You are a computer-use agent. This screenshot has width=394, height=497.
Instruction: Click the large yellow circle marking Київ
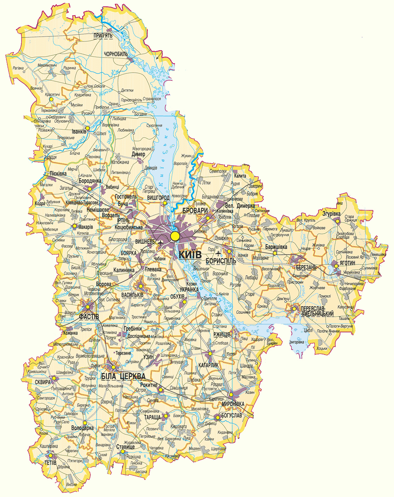175,236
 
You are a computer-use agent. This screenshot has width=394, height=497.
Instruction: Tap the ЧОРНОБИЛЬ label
116,54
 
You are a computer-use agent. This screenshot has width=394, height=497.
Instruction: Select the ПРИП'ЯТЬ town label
103,36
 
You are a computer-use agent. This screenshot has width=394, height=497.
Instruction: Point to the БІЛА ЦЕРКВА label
123,377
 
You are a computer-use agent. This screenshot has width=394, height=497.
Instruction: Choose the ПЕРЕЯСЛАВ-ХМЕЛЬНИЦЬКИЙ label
317,311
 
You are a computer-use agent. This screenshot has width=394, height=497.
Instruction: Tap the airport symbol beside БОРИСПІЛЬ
218,253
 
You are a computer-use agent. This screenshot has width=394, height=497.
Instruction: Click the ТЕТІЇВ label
50,463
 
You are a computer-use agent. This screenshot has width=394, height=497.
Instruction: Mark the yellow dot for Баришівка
275,253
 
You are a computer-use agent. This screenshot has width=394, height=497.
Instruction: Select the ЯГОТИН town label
347,263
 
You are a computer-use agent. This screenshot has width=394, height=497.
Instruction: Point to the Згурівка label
331,214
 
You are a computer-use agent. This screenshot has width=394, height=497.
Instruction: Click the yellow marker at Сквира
54,378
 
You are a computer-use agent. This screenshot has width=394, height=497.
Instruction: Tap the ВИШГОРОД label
158,198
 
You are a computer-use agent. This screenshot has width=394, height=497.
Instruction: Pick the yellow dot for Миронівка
231,395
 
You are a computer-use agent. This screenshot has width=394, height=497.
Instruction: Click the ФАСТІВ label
89,317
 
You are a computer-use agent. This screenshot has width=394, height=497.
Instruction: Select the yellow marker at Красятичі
51,99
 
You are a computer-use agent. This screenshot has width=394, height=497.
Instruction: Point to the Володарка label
82,428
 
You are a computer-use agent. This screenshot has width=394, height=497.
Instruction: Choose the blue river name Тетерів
77,142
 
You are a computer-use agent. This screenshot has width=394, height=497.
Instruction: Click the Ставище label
125,446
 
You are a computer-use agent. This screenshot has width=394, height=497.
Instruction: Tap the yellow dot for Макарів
75,226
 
